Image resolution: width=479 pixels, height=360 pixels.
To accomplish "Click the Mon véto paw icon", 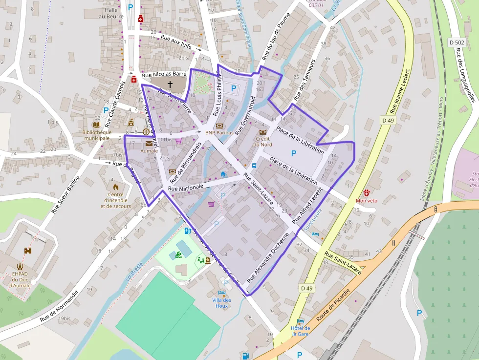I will [x=367, y=192].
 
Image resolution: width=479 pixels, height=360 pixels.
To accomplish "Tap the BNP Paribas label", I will [x=217, y=132].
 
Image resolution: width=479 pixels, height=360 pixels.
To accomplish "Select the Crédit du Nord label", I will [x=262, y=141].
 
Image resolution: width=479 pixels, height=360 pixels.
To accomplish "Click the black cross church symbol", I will [x=170, y=85].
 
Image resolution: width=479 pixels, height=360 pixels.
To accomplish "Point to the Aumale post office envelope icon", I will [x=149, y=144].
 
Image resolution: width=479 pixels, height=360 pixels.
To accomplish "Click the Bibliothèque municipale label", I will [x=97, y=135].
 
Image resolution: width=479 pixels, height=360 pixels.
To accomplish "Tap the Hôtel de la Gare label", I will [x=301, y=331].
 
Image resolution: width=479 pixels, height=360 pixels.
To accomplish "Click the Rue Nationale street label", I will [x=185, y=188].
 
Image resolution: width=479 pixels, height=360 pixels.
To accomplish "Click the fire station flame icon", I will [x=116, y=187].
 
